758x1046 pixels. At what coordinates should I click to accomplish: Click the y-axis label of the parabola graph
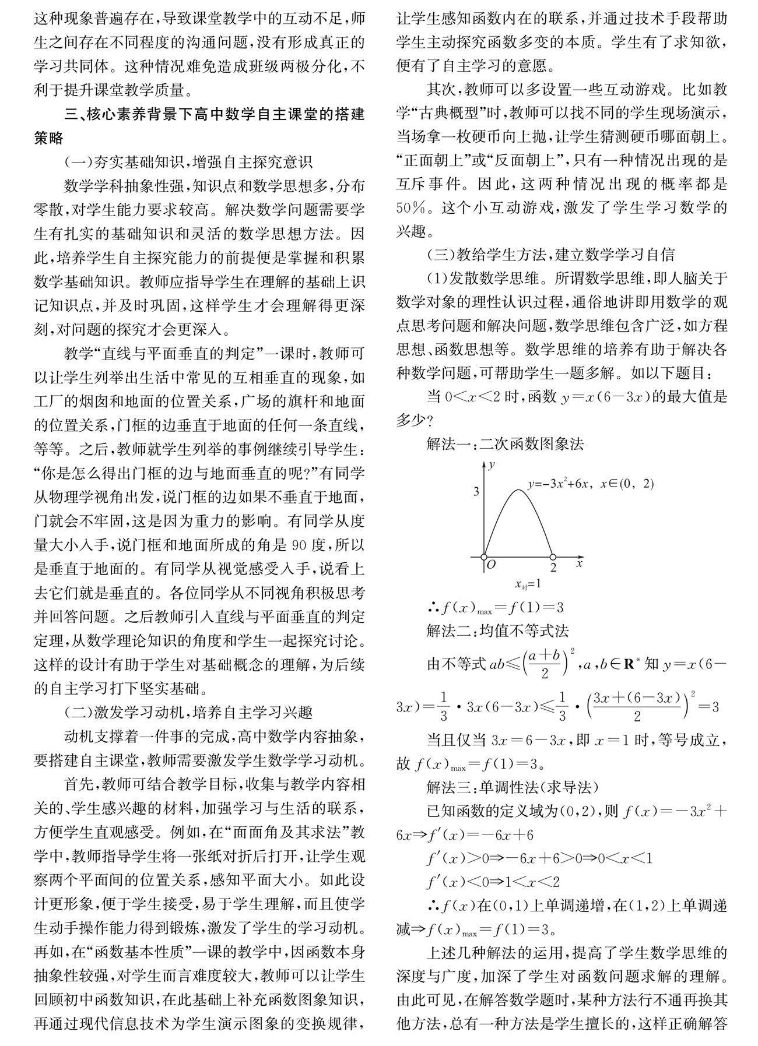pos(493,464)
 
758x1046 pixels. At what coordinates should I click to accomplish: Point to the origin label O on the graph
pos(490,564)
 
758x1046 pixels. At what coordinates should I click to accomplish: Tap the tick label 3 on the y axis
pos(476,491)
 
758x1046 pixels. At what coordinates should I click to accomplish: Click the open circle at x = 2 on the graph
pos(553,557)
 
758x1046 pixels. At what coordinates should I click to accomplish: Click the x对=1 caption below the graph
pos(528,583)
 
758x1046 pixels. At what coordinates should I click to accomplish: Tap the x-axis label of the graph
pos(580,563)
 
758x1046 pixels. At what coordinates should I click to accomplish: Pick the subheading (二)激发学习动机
pos(189,712)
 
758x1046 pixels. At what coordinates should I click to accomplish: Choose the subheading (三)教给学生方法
pos(550,254)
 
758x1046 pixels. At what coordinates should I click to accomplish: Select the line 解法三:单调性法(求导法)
pos(513,787)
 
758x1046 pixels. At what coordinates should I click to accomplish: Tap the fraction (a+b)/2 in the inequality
pos(543,663)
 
